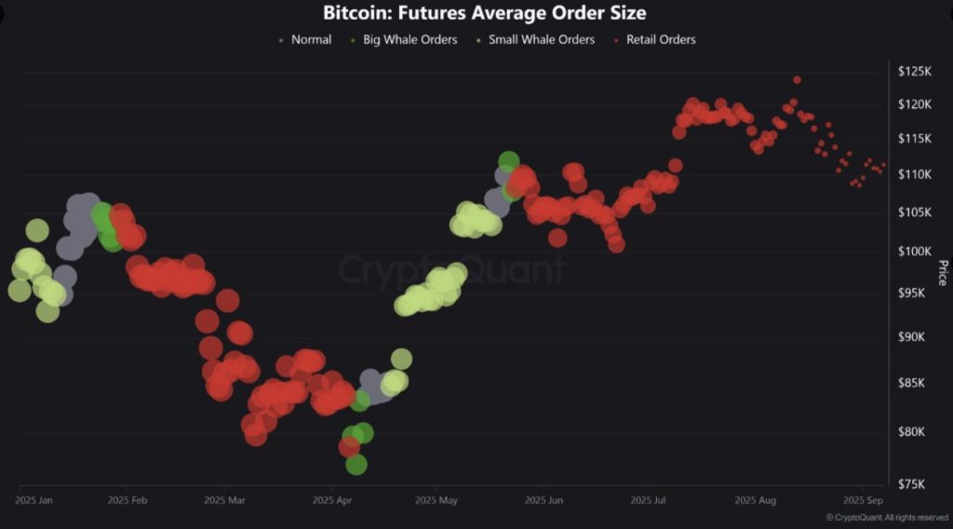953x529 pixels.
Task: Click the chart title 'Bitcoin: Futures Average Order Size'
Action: (x=484, y=13)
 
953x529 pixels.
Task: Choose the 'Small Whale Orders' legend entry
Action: (x=541, y=40)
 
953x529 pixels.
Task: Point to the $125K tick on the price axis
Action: (x=915, y=71)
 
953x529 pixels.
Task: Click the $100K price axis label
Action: (x=915, y=251)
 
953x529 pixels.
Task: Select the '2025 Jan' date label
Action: (x=34, y=500)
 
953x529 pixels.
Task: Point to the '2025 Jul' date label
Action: (x=648, y=500)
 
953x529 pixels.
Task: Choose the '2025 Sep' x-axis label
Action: (x=863, y=500)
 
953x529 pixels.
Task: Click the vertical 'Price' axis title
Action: (x=942, y=273)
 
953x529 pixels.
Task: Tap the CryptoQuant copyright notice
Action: (x=886, y=517)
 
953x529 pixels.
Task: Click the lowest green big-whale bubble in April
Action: (x=356, y=464)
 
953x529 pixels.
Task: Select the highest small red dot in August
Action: (x=797, y=80)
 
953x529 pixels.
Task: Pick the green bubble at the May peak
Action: (x=508, y=161)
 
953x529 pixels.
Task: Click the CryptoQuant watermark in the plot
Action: (x=451, y=270)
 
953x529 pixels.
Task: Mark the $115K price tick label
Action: (x=914, y=139)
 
